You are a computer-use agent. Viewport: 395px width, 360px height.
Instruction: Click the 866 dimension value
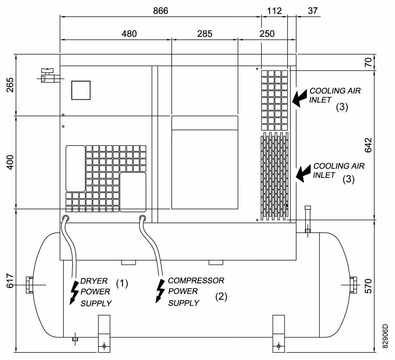pos(160,11)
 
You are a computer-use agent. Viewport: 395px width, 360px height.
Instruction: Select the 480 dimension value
pos(129,34)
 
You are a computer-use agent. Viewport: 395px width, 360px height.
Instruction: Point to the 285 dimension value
pos(205,34)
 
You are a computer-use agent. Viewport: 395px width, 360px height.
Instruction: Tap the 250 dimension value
pos(267,34)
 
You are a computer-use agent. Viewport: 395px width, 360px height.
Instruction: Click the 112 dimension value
pos(274,11)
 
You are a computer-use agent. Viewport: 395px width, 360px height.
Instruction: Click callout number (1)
pos(122,283)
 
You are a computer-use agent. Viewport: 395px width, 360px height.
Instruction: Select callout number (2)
pos(221,296)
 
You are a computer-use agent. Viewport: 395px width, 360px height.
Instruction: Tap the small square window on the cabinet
pos(81,90)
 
